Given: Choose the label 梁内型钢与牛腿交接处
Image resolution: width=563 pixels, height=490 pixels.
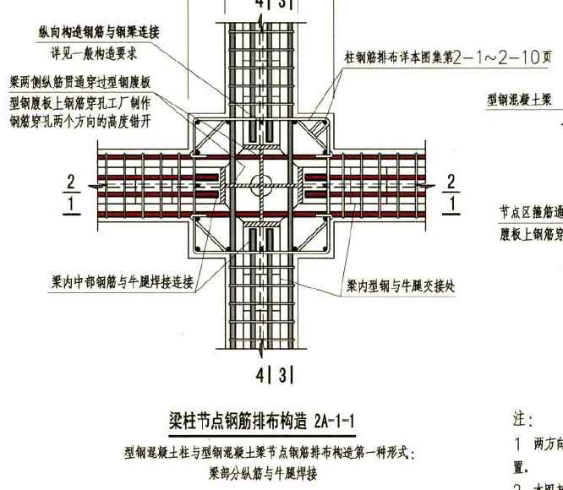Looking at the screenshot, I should [400, 287].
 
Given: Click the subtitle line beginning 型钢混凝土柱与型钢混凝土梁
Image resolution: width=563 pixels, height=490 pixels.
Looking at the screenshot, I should [270, 455].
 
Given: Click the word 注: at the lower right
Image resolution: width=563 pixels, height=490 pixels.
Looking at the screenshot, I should [522, 419].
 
